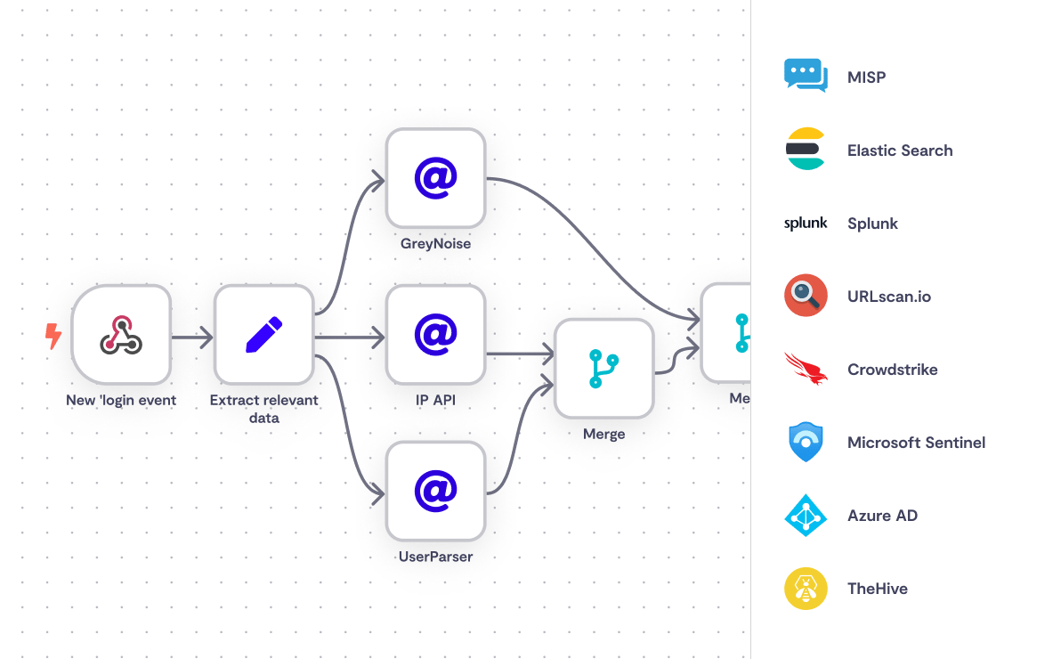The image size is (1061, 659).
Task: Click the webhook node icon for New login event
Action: click(121, 335)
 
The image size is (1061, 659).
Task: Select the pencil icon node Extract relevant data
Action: click(263, 335)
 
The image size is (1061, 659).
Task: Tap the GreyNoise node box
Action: click(435, 178)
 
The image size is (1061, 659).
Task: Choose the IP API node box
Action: click(435, 335)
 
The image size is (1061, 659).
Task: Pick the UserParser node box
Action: click(435, 491)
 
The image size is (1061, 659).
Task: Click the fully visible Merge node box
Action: click(603, 368)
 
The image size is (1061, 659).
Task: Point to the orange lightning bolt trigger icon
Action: click(53, 336)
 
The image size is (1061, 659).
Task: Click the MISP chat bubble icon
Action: click(806, 76)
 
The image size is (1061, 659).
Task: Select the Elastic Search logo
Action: click(806, 150)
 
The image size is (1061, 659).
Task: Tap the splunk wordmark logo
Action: click(806, 224)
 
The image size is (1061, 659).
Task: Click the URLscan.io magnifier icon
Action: click(806, 296)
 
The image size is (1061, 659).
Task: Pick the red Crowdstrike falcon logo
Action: click(806, 369)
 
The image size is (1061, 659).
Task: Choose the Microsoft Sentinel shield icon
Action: click(806, 442)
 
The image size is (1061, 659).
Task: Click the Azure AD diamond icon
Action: click(806, 515)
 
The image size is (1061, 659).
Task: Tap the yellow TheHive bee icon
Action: click(806, 588)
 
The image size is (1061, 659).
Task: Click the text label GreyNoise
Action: click(435, 243)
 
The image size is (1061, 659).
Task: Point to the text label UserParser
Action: click(435, 557)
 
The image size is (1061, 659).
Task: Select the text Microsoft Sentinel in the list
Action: click(916, 443)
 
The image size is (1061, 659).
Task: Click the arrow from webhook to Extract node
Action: click(191, 338)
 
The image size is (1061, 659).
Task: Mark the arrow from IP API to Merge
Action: click(520, 354)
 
